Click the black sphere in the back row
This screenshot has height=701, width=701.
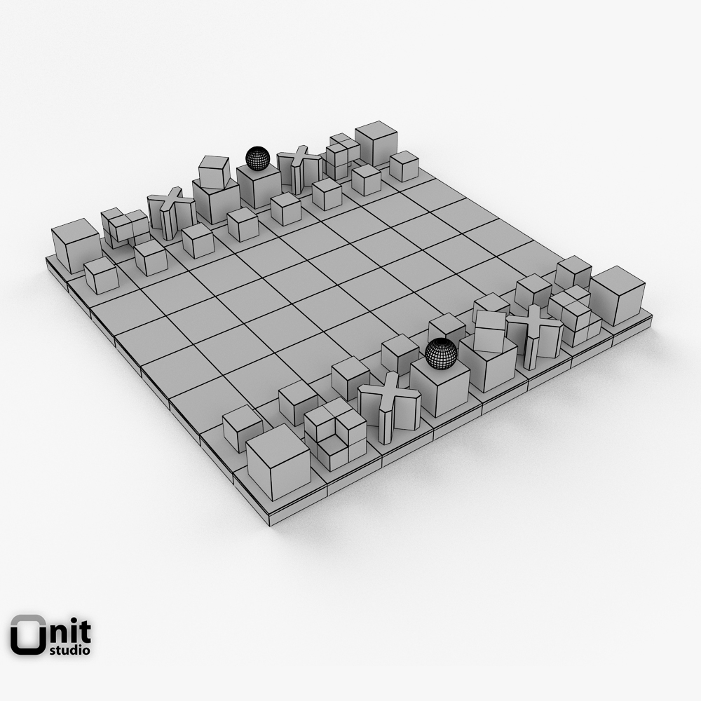(x=257, y=158)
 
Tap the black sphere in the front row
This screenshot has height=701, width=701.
(x=442, y=353)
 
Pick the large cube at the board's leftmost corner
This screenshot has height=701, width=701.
(x=76, y=245)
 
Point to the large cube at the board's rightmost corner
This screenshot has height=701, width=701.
(x=617, y=295)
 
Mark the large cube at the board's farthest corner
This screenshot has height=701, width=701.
(x=376, y=144)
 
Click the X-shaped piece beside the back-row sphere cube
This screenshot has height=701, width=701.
(x=300, y=169)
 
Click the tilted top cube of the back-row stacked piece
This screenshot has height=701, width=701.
(x=214, y=172)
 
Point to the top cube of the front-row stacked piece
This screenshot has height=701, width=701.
(x=490, y=330)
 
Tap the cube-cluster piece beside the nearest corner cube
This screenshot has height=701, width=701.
(x=335, y=433)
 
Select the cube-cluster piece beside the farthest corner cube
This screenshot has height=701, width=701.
(x=341, y=156)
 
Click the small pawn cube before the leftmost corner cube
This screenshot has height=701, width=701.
(x=102, y=275)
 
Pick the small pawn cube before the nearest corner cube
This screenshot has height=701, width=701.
(x=243, y=427)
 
